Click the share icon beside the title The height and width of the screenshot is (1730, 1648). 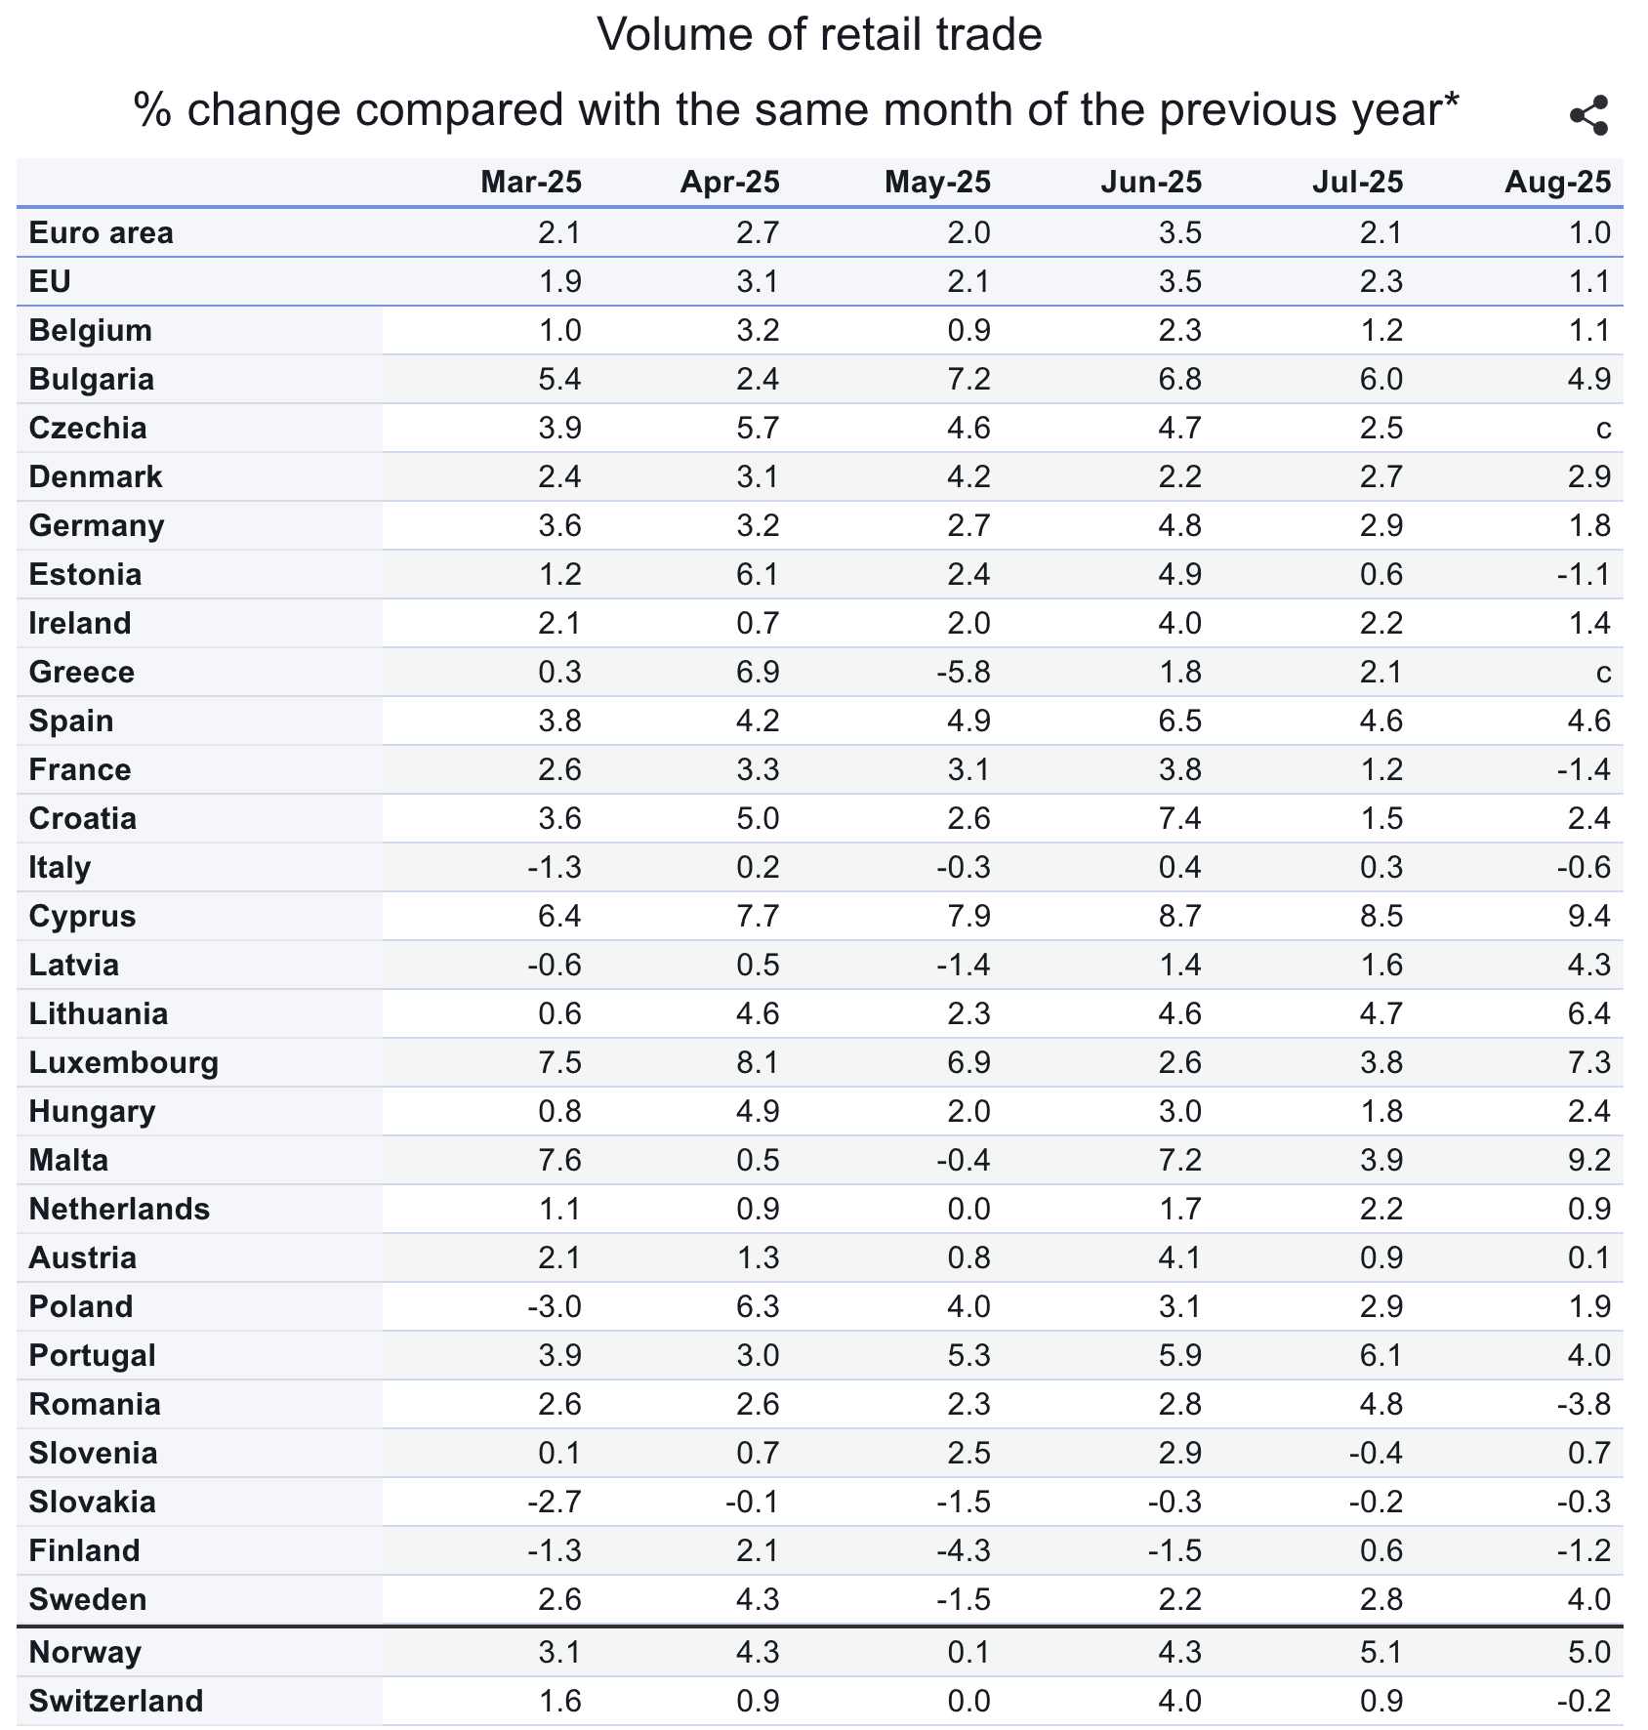[1588, 116]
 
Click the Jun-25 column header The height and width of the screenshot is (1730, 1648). [1151, 183]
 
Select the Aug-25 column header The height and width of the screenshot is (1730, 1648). [1557, 183]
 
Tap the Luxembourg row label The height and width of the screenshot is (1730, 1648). [123, 1062]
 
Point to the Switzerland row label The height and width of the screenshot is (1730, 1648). [116, 1701]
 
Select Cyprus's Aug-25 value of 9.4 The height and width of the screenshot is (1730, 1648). [1588, 916]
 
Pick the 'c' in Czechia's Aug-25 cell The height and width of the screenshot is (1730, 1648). [1602, 429]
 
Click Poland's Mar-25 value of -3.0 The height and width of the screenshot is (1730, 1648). [554, 1306]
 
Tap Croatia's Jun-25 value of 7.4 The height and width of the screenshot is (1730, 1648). [1178, 818]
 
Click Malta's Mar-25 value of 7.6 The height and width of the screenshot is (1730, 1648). [559, 1160]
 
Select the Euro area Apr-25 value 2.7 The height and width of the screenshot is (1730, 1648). [758, 232]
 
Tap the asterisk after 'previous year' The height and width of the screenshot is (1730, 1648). [1451, 101]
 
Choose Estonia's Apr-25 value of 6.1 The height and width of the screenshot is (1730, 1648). [758, 574]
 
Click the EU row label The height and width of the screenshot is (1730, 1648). [50, 281]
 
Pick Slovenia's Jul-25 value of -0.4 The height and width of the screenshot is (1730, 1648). [1376, 1453]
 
